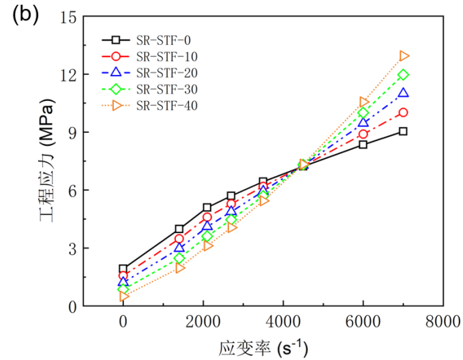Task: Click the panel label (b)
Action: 21,16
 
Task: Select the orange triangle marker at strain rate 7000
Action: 404,56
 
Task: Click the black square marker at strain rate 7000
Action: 403,131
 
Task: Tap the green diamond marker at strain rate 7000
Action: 403,75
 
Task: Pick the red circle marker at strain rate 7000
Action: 403,112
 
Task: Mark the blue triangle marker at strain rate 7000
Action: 403,93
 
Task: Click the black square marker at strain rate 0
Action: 123,269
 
